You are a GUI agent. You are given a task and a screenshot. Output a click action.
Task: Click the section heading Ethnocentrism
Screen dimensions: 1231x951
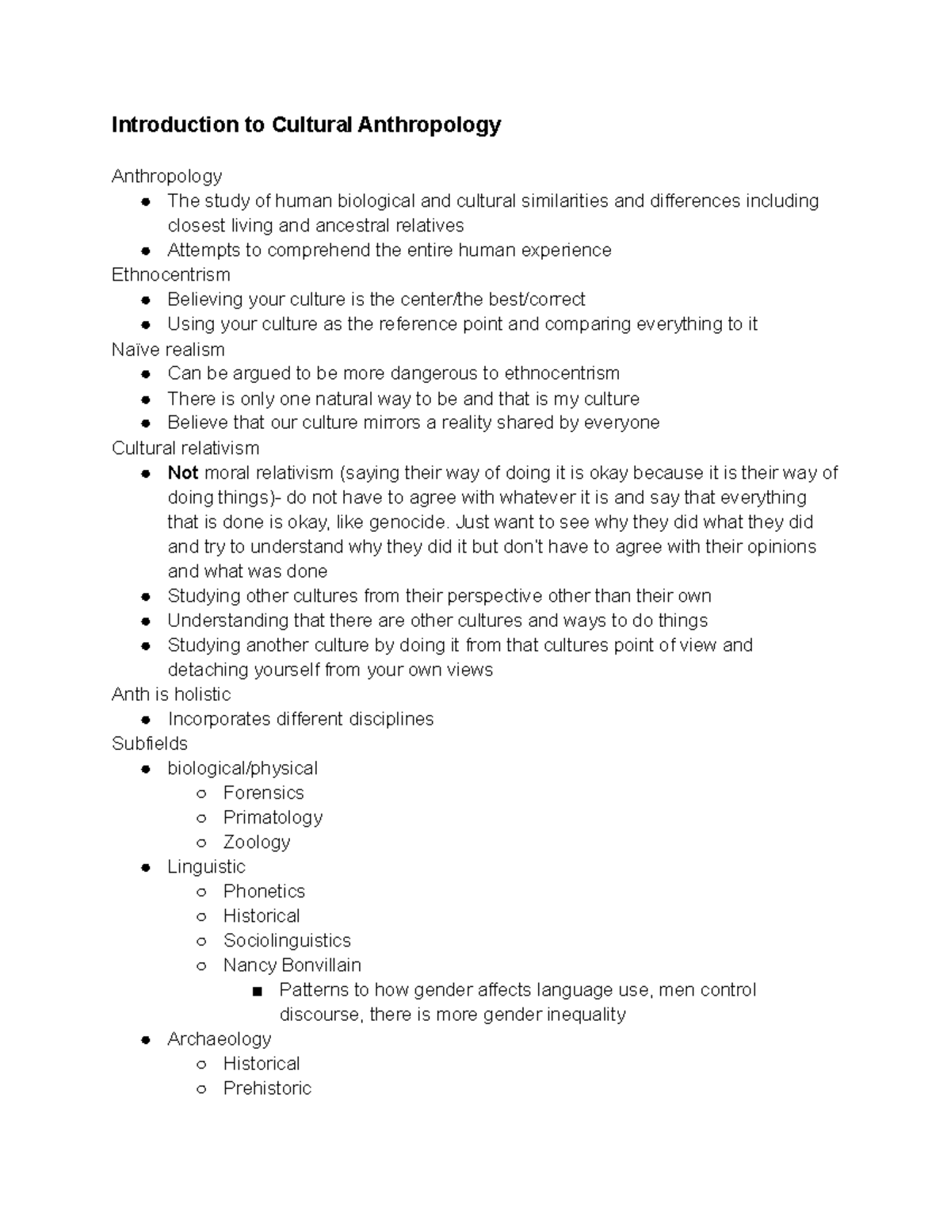(170, 275)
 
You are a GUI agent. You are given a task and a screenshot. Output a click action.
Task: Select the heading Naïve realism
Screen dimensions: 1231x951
(168, 350)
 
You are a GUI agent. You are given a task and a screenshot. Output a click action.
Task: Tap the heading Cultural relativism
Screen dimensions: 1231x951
(185, 448)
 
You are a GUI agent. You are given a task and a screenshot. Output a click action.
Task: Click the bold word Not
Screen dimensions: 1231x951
(182, 473)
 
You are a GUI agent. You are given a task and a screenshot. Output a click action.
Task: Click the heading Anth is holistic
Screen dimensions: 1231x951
(171, 694)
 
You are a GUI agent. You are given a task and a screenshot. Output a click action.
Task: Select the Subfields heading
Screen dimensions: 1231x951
(150, 744)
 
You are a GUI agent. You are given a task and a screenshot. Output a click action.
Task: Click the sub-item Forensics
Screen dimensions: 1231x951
(263, 793)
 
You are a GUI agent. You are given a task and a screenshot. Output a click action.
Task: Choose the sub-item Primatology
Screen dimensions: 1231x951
(273, 817)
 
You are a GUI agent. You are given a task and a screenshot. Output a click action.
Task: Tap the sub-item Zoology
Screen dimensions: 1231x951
(257, 842)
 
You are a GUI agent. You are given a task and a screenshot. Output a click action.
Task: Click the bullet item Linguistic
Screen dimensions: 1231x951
(206, 866)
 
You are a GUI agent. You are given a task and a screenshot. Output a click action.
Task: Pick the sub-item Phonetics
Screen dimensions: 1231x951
(264, 891)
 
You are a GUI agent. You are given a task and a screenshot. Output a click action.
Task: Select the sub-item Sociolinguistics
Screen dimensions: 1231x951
(287, 940)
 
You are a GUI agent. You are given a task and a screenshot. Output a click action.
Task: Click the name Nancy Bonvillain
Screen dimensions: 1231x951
(292, 965)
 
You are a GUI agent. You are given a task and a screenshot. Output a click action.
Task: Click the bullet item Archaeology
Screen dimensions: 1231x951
(219, 1038)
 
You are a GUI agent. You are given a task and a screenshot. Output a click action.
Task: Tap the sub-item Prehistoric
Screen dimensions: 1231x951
(267, 1088)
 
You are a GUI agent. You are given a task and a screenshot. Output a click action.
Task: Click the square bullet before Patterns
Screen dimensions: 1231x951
(256, 991)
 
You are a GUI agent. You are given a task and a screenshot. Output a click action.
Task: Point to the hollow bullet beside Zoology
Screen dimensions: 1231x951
(201, 843)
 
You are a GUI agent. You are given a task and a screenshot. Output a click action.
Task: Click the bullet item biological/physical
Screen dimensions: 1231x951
(242, 768)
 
